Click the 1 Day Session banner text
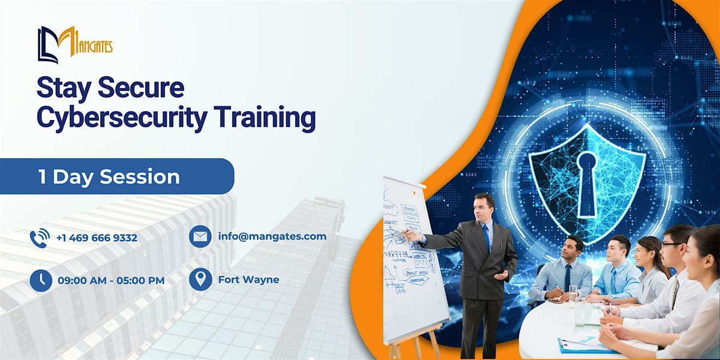coord(109,176)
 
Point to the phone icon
coord(40,238)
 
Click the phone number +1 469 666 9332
coord(97,238)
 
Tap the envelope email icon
coord(200,236)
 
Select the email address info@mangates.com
coord(272,236)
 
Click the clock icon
coord(40,280)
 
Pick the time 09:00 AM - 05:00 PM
coord(110,280)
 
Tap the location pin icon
coord(200,280)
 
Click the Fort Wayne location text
coord(248,280)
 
